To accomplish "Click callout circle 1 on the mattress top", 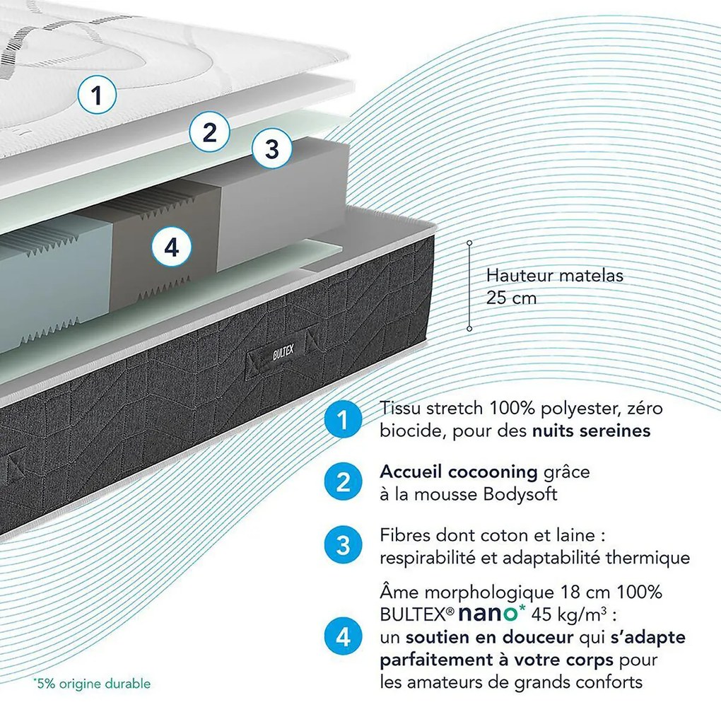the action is point(97,95).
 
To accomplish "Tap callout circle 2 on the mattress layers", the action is point(210,132).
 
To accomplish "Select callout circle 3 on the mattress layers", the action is point(271,148).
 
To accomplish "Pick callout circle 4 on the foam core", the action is point(172,247).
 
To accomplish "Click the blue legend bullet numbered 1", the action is point(343,419).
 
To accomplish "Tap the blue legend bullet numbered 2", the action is point(343,482).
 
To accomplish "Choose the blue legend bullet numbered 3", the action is point(343,546).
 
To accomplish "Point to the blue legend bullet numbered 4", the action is point(343,637).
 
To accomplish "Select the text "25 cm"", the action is point(511,298).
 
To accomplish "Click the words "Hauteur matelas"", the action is point(555,276).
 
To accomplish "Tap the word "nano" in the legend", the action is point(488,614).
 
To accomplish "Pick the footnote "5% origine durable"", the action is point(91,684).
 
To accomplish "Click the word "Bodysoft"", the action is point(520,494).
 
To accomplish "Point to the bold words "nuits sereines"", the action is point(592,431).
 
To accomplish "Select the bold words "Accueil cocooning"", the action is point(459,472).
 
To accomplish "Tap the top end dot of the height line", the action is point(469,243).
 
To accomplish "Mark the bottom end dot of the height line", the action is point(469,329).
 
